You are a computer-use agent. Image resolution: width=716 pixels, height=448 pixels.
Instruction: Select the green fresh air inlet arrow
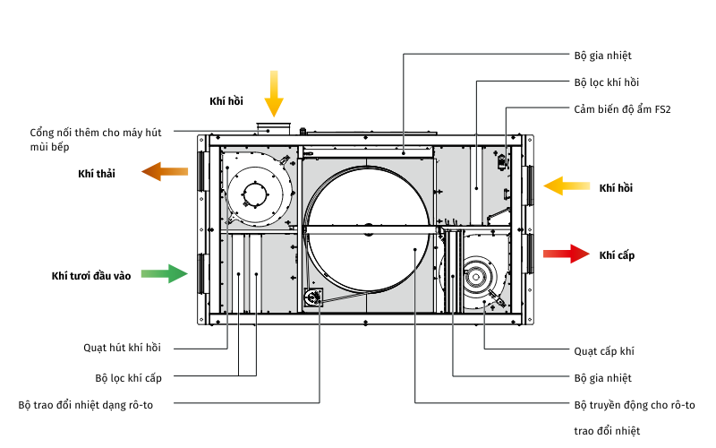click(x=166, y=273)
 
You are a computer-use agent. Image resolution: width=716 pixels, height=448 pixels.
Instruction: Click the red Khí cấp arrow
click(x=567, y=254)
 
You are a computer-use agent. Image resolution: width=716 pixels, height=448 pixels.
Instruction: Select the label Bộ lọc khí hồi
click(x=606, y=82)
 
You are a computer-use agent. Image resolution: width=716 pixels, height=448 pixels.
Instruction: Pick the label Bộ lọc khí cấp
click(x=128, y=377)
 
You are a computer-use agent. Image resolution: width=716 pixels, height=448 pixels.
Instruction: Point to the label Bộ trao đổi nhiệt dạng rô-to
click(x=86, y=405)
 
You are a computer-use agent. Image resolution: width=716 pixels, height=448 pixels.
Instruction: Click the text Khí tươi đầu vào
click(x=91, y=276)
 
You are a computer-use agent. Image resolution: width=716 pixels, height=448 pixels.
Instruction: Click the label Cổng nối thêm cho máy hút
click(x=96, y=133)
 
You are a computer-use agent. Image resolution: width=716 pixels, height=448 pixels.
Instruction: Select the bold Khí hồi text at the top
click(x=226, y=101)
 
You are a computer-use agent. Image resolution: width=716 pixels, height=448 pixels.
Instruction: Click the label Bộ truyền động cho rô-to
click(x=634, y=405)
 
